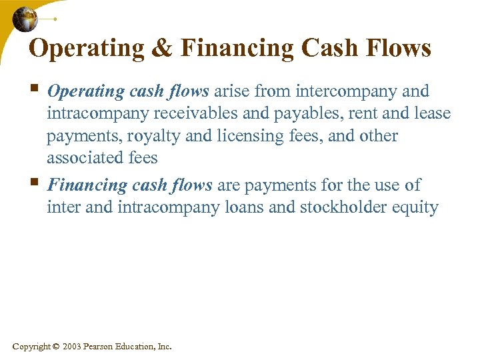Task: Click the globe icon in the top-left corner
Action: (25, 19)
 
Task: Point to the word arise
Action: (233, 91)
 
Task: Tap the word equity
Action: (417, 207)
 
